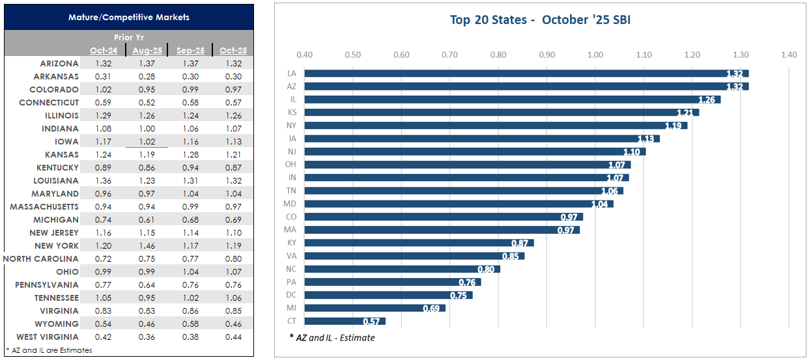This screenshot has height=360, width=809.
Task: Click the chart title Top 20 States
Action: (540, 20)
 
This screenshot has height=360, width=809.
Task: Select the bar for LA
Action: (526, 74)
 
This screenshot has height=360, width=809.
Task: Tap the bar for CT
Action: (345, 321)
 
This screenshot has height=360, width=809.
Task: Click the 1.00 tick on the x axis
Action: (595, 55)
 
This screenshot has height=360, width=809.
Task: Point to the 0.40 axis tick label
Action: (304, 55)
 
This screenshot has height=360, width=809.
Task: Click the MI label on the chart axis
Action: (291, 308)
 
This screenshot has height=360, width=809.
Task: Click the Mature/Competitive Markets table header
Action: (129, 17)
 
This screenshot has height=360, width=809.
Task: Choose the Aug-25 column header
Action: (147, 51)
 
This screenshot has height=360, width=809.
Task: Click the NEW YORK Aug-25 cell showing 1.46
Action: (147, 245)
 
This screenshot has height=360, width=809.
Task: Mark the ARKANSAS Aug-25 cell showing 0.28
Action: (147, 76)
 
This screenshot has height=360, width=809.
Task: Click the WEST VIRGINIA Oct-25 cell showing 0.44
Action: (231, 337)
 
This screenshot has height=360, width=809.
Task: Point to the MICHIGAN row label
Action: (56, 219)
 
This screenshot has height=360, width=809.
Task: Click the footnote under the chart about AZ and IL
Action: (332, 337)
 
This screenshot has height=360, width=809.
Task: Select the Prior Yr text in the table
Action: (129, 38)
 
